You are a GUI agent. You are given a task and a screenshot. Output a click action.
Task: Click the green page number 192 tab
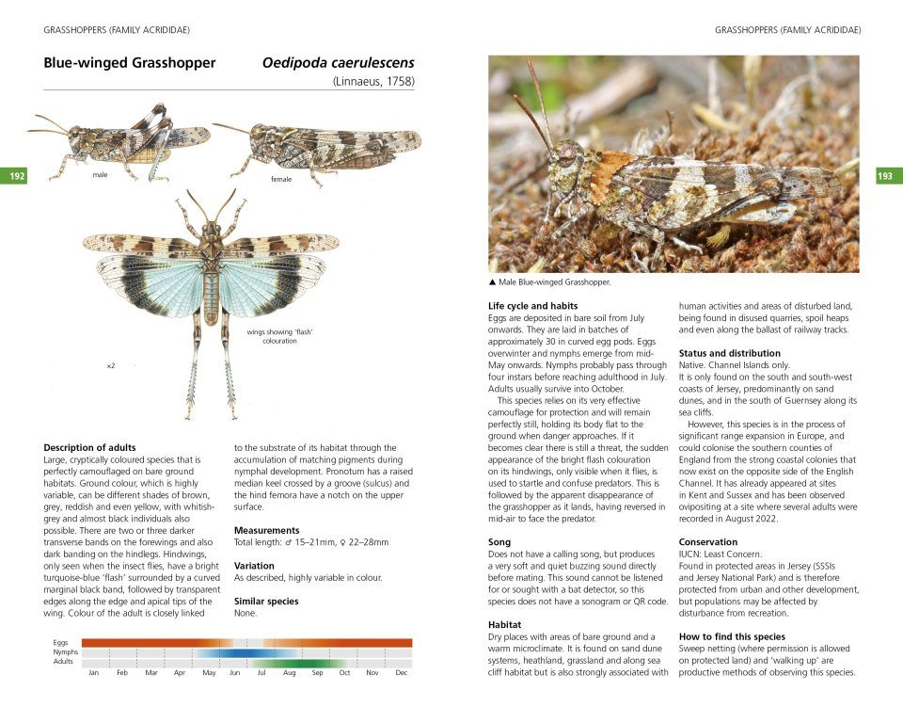[17, 176]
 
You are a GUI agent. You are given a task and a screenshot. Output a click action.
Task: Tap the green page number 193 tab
[888, 176]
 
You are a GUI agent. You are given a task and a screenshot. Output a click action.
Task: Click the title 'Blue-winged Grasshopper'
[130, 63]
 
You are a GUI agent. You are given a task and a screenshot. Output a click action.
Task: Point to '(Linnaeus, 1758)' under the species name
[373, 82]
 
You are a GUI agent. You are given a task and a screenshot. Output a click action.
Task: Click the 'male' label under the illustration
[100, 175]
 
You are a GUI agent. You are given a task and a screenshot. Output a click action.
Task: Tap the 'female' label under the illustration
[281, 179]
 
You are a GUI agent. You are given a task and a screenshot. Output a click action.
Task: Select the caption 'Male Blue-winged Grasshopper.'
[554, 281]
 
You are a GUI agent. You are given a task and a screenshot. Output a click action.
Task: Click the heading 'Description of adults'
[89, 447]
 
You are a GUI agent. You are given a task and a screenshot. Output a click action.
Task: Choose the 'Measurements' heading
[266, 530]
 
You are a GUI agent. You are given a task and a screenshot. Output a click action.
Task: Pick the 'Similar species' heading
[266, 601]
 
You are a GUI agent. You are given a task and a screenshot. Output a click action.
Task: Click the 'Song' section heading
[499, 542]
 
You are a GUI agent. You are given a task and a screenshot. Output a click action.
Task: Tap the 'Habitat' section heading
[505, 624]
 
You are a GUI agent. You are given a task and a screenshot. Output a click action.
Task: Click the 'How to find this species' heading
[732, 636]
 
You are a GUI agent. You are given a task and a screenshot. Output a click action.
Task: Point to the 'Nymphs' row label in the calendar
[65, 651]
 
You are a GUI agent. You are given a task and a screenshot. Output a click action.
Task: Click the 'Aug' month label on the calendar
[289, 673]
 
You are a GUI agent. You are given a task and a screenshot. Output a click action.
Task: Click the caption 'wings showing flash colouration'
[279, 336]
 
